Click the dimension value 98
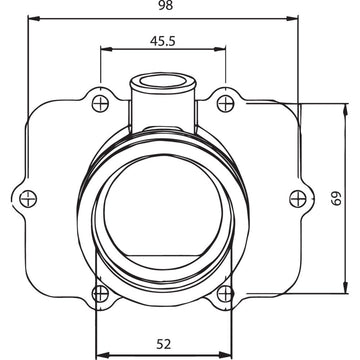[165, 7]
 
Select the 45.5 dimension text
[164, 42]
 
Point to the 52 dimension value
[163, 343]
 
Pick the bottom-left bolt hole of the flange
[98, 293]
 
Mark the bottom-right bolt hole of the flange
[228, 293]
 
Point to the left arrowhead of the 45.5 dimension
[104, 52]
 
